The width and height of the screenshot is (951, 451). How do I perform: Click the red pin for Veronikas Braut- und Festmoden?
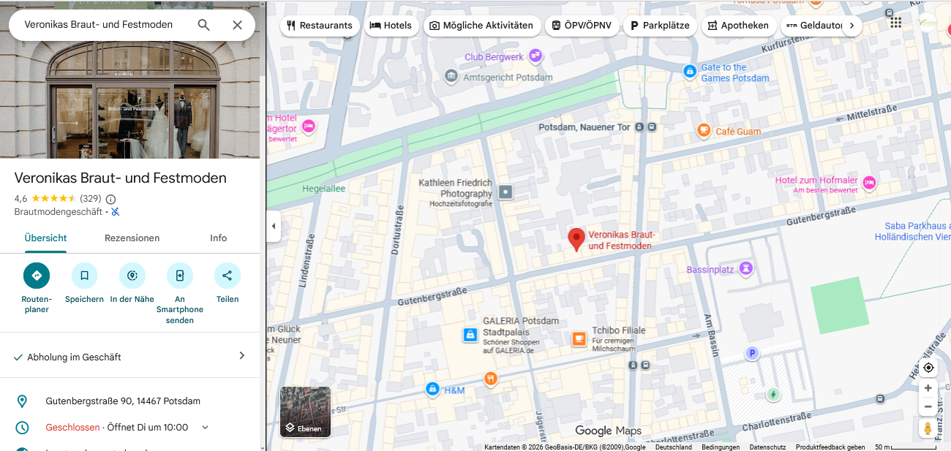(x=576, y=238)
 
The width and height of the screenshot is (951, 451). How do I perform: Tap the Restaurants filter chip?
(x=320, y=26)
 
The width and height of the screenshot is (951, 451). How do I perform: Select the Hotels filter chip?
(x=391, y=26)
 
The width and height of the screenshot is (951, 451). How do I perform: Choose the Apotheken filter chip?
(x=738, y=26)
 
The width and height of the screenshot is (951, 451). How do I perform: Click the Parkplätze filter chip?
(x=659, y=26)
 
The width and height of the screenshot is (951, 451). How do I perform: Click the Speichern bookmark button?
(x=84, y=276)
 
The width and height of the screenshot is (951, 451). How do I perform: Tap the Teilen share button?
(x=227, y=276)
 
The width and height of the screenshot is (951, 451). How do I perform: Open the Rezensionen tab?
(x=132, y=238)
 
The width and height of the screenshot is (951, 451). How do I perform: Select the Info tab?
(x=218, y=238)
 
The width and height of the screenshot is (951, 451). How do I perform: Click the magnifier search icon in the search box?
(x=203, y=25)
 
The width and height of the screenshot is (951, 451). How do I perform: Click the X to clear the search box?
(x=237, y=25)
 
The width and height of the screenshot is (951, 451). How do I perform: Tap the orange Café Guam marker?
(x=704, y=131)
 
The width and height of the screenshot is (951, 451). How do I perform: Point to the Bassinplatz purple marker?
(x=745, y=269)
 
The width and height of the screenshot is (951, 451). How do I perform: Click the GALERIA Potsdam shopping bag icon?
(x=470, y=335)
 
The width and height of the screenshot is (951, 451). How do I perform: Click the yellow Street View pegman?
(x=928, y=428)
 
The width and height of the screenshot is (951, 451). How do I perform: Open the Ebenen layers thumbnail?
(x=305, y=412)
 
